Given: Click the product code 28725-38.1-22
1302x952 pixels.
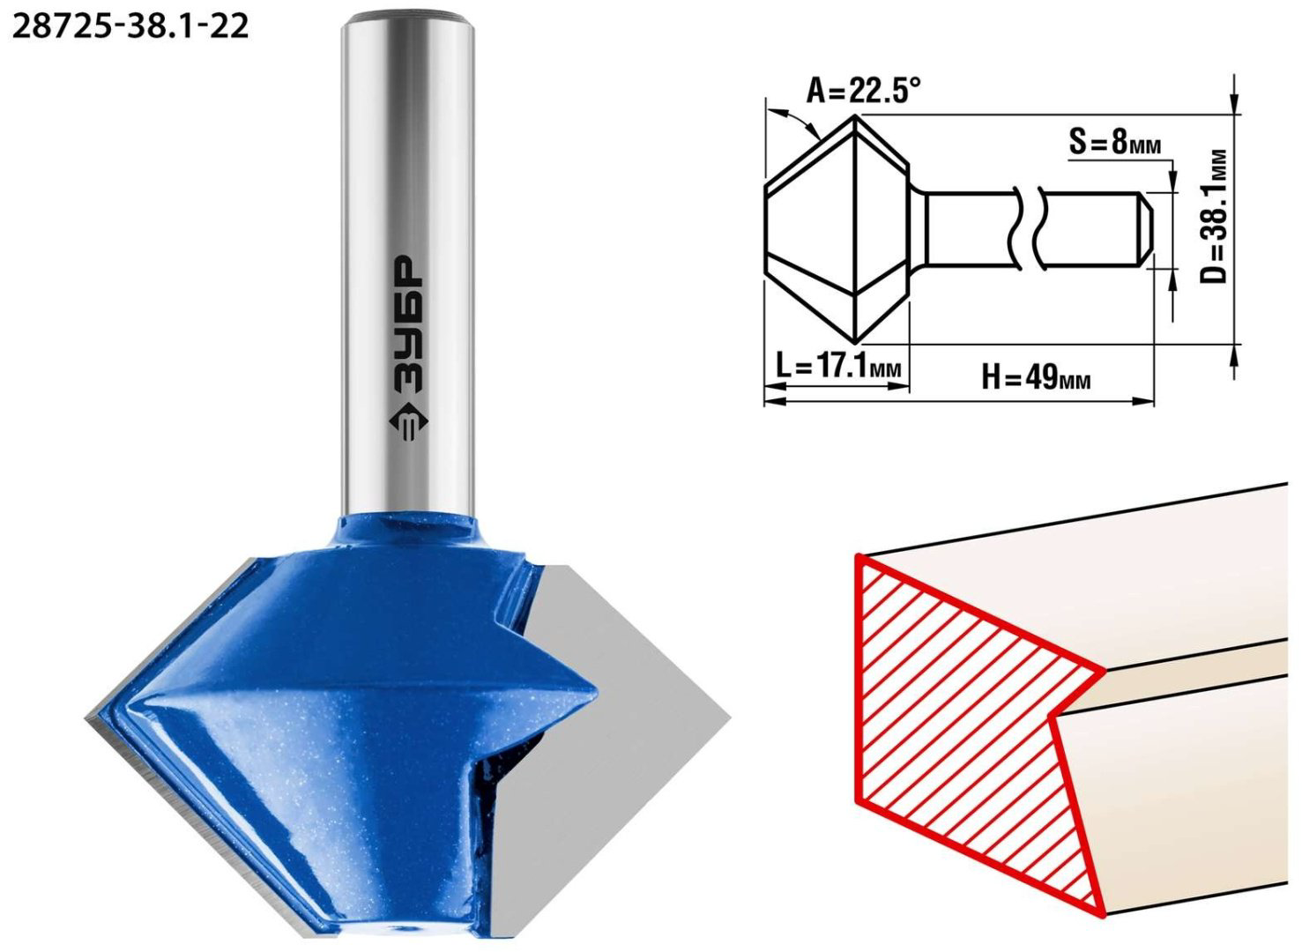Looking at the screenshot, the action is [130, 26].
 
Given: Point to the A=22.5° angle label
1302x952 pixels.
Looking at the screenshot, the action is [864, 91].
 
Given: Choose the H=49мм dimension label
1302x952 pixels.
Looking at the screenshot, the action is [1037, 379].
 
